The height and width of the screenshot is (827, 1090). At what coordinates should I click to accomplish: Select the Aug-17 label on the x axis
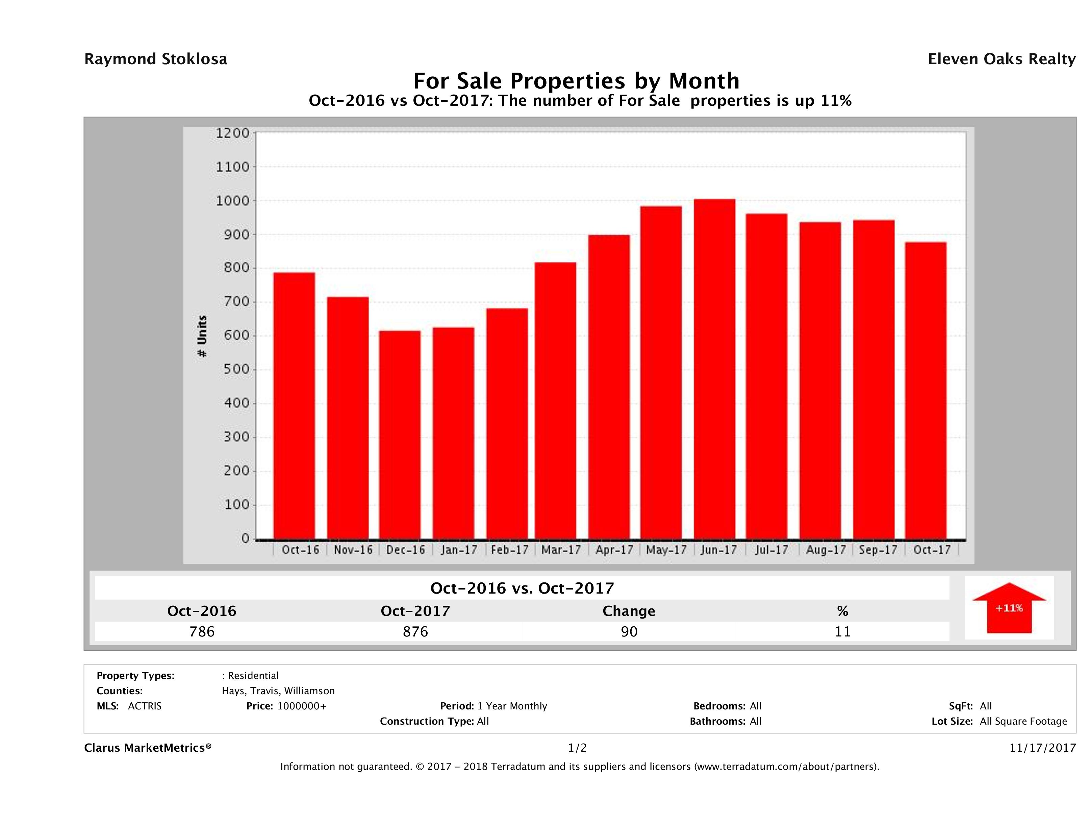[x=826, y=550]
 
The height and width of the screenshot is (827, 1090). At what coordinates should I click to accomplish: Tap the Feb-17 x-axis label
[x=509, y=550]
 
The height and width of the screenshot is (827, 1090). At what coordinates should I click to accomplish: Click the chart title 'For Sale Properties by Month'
[x=576, y=80]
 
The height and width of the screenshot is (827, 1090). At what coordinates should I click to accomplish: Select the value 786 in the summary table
[x=202, y=631]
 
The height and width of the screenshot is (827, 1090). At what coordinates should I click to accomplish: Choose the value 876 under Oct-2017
[x=415, y=631]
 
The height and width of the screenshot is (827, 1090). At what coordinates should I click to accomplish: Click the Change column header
[x=629, y=611]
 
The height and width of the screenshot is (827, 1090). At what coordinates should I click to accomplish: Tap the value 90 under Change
[x=629, y=631]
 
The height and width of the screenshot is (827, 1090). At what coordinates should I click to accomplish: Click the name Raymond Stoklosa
[x=156, y=59]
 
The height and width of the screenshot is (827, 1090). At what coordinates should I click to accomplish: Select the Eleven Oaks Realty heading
[x=1001, y=59]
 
